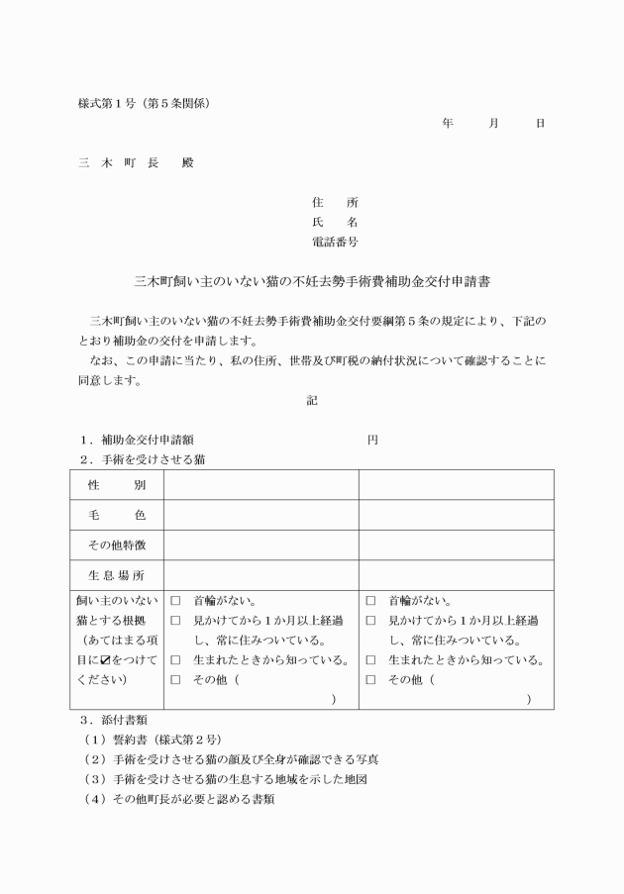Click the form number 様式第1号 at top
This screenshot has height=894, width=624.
coord(144,103)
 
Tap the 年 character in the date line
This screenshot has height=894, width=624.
coord(448,124)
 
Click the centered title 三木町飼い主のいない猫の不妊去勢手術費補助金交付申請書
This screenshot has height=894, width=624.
coord(312,282)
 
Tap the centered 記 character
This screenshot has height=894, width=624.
coord(312,400)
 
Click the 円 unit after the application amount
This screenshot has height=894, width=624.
coord(372,440)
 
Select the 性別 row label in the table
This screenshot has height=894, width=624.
coord(116,486)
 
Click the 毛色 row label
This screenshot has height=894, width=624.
coord(116,516)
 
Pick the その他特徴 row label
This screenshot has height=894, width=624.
coord(116,545)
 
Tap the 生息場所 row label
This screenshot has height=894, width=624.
coord(116,574)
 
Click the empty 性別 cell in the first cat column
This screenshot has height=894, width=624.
coord(260,486)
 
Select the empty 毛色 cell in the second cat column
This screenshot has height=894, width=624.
coord(456,516)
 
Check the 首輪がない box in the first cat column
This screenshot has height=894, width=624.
coord(175,601)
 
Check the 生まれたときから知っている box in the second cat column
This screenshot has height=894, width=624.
coord(370,660)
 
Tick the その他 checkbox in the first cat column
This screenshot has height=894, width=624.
coord(175,680)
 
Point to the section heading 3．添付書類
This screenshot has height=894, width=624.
coord(114,719)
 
